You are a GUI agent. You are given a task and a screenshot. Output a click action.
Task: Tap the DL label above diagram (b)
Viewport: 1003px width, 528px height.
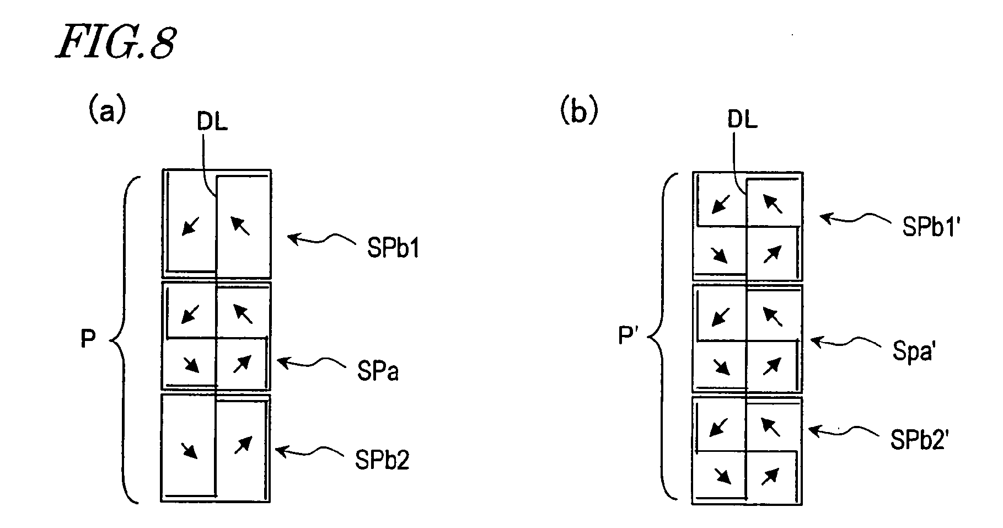coord(742,119)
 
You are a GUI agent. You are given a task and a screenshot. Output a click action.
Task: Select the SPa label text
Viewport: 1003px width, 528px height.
coord(378,372)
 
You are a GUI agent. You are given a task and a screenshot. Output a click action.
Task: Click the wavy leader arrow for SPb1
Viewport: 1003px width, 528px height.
coord(323,239)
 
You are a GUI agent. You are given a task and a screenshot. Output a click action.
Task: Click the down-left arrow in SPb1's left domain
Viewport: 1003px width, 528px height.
coord(191,225)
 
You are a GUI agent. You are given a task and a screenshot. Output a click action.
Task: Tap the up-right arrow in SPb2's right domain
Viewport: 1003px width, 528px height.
coord(243,445)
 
